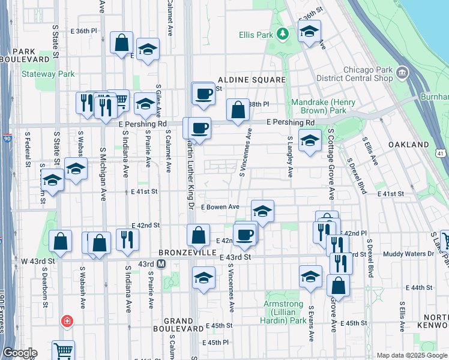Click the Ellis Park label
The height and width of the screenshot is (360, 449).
256,35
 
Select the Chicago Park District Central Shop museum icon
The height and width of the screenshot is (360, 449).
402,74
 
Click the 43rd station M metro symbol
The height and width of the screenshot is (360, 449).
161,263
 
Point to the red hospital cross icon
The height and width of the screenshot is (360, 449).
67,321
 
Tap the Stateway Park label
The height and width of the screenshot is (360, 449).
48,74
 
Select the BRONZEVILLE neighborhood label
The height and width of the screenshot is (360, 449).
187,253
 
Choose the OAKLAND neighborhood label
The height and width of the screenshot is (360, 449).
409,145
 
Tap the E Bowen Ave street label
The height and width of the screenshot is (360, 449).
220,207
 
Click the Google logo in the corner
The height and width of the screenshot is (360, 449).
20,352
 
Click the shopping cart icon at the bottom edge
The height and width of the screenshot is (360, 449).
63,350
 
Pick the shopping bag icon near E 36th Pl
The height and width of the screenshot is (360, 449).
122,43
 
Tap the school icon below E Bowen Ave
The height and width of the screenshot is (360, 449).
262,211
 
